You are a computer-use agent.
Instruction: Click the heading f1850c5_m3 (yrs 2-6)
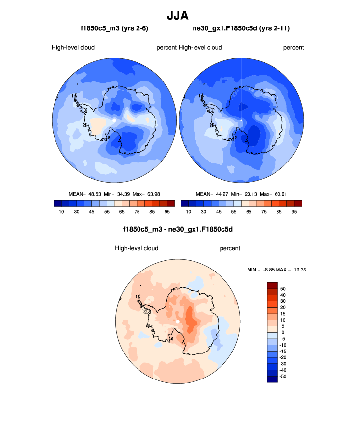[x=114, y=29]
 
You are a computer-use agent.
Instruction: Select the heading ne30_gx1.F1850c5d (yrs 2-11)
[x=241, y=29]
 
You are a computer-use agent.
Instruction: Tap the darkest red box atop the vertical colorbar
[x=273, y=285]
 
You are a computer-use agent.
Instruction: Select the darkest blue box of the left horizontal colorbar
[x=56, y=203]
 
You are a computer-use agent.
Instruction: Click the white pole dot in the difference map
[x=177, y=322]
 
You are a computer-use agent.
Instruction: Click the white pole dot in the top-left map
[x=114, y=120]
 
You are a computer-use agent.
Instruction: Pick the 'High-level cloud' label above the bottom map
[x=137, y=248]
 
